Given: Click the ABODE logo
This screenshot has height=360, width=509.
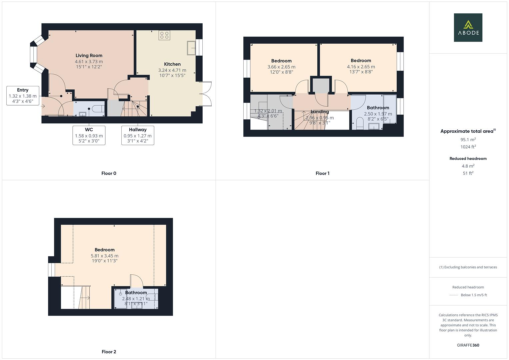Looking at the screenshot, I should point(468,28).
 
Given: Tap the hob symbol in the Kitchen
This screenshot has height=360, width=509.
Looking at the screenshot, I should point(164,35).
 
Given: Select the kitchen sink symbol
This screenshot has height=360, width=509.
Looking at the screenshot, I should point(191,48).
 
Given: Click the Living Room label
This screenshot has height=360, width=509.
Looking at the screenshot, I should point(89,56).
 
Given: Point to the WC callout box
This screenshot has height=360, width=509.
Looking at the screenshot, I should point(89,135).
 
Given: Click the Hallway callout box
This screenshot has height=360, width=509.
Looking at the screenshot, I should point(138,135).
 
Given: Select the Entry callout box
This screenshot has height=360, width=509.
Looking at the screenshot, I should point(23,96).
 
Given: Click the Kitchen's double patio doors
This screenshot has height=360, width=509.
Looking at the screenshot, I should point(207,94).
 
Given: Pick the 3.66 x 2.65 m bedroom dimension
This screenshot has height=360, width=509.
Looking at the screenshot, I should point(281,67).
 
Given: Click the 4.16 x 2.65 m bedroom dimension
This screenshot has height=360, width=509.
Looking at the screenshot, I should point(361,67).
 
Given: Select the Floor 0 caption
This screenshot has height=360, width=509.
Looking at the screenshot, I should point(109,173).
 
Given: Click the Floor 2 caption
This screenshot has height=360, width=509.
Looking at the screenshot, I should point(109,352).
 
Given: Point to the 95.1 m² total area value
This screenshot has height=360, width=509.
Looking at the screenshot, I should point(468,140).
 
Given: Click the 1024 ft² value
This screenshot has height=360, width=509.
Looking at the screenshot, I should point(468,147).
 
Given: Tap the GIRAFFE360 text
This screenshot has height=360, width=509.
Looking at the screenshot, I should point(468,345).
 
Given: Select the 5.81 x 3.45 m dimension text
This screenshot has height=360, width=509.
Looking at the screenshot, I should point(104,256).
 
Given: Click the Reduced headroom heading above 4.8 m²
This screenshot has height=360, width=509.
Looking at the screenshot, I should point(468,159).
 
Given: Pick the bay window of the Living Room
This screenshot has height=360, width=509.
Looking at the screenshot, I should point(34,55).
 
